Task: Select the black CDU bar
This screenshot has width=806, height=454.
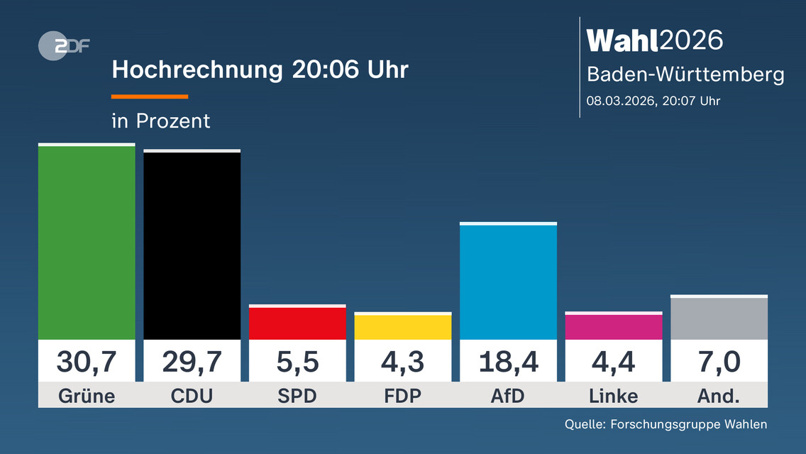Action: [192, 245]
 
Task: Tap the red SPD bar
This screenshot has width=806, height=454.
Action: [297, 323]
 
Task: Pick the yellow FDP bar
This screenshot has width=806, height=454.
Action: [402, 327]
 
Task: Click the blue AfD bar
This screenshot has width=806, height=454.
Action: [508, 282]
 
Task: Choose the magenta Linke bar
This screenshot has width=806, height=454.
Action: [613, 327]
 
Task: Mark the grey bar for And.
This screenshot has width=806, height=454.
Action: [719, 319]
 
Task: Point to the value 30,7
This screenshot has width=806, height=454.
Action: [87, 362]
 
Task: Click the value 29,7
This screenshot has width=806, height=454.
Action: [192, 362]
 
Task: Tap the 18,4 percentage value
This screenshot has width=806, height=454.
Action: [508, 362]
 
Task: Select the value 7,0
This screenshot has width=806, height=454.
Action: [719, 362]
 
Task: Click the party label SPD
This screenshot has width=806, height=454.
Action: [297, 396]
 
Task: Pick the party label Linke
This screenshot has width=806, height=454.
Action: [613, 396]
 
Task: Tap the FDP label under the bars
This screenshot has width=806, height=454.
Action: [402, 396]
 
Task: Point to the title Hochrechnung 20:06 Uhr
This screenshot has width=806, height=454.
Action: [260, 70]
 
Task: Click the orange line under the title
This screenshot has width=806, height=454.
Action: [150, 96]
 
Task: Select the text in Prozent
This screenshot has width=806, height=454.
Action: [161, 121]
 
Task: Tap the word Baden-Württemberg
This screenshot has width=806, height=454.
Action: [685, 74]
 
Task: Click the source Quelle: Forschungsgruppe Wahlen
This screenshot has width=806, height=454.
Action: [666, 424]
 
